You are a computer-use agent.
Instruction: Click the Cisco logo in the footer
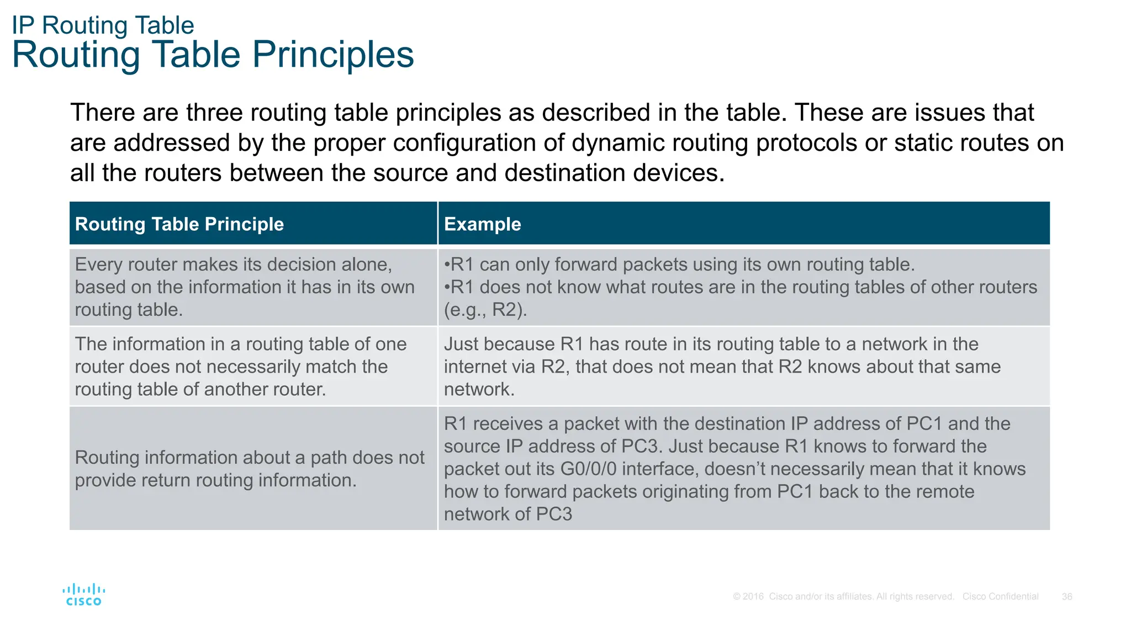click(83, 595)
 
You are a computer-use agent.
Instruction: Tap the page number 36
click(1067, 597)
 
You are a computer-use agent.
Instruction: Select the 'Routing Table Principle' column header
click(179, 224)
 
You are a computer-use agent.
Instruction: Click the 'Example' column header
click(482, 224)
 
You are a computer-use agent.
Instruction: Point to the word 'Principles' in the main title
click(332, 55)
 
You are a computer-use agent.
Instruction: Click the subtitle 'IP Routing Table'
click(103, 25)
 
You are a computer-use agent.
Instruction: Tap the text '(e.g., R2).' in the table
click(485, 310)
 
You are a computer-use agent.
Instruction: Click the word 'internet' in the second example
click(477, 367)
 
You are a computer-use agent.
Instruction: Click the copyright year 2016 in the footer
click(753, 597)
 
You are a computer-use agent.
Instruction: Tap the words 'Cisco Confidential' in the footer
click(1000, 597)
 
